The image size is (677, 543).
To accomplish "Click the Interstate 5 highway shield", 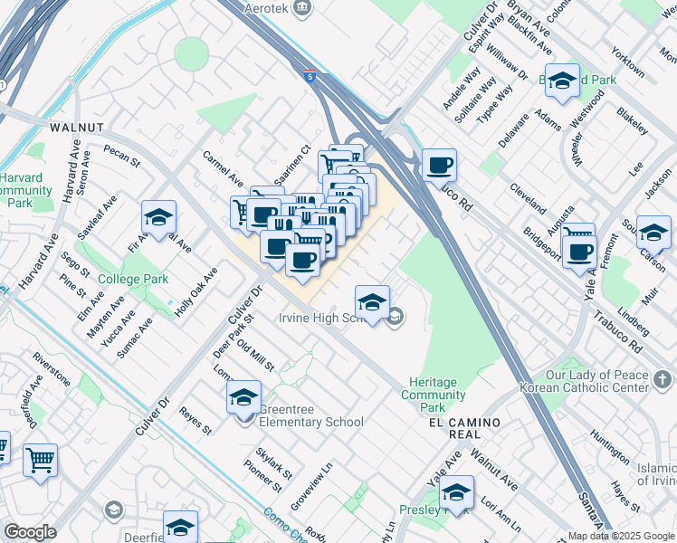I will tap(310, 78).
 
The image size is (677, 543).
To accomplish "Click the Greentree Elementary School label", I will tap(311, 415).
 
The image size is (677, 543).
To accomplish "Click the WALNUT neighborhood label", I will tap(77, 128).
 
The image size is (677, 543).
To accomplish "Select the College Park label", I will tap(133, 280).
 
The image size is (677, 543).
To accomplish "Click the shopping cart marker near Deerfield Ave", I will tap(40, 459).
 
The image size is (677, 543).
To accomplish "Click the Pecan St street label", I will tap(121, 156).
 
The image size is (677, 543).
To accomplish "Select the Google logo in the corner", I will tap(30, 532).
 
